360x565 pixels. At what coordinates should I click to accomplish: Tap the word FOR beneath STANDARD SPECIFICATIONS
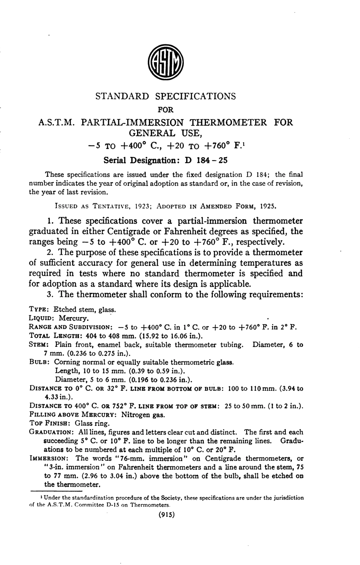click(165, 110)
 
